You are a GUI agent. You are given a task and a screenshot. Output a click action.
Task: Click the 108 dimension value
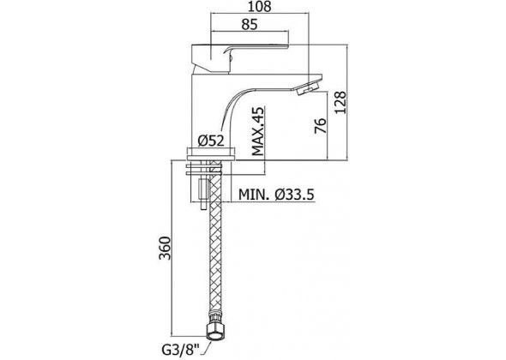point(260,7)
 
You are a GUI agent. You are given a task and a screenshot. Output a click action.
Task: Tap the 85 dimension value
point(250,25)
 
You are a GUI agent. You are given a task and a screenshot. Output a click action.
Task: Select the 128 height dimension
point(340,102)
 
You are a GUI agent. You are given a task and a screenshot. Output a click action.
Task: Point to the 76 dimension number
point(321,125)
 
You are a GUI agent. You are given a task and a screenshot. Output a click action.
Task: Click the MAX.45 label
point(258,131)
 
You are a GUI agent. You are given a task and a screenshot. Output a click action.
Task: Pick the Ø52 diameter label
point(211,141)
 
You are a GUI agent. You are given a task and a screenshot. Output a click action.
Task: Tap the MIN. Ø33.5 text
point(276,195)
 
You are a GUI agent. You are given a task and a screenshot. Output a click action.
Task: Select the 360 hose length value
point(165,248)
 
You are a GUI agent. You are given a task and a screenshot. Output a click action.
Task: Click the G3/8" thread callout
point(180,351)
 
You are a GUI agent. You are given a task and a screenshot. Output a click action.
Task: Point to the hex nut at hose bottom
point(214,331)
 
